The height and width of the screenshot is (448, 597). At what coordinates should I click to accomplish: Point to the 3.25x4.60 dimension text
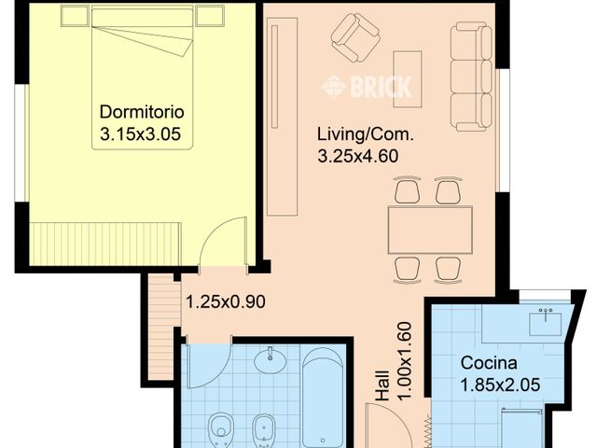click(x=358, y=157)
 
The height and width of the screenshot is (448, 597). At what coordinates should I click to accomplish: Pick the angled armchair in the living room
click(x=354, y=36)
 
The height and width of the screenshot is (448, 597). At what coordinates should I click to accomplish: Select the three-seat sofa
click(x=470, y=77)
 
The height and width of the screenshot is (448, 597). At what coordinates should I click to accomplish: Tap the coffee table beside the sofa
click(x=408, y=78)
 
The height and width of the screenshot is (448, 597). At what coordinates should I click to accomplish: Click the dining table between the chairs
click(x=430, y=230)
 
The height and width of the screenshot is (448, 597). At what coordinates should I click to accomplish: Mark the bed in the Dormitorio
click(x=142, y=61)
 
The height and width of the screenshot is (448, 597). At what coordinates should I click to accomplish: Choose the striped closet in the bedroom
click(x=104, y=244)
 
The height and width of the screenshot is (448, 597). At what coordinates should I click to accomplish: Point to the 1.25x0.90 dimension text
click(x=225, y=302)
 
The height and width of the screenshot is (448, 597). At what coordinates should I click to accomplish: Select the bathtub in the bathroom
click(x=324, y=397)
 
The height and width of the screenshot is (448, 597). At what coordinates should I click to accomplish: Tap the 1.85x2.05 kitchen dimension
click(x=499, y=384)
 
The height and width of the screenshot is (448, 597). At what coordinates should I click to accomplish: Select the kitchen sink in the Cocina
click(x=545, y=323)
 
